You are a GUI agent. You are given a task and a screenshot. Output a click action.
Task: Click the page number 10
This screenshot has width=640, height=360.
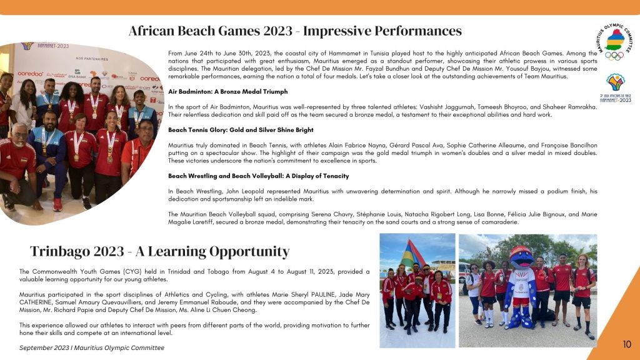pyautogui.click(x=627, y=344)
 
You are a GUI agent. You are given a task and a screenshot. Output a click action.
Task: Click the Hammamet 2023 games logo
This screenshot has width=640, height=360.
pyautogui.click(x=615, y=87)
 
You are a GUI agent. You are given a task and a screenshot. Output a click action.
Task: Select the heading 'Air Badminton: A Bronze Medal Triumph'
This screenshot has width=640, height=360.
pyautogui.click(x=227, y=92)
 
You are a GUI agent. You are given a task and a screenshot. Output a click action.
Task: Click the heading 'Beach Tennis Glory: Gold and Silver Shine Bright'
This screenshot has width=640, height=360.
pyautogui.click(x=241, y=130)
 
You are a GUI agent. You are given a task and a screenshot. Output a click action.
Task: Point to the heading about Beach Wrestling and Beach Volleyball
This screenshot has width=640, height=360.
pyautogui.click(x=258, y=176)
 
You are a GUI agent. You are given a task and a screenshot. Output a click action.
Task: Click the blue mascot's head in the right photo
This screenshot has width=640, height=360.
pyautogui.click(x=521, y=257)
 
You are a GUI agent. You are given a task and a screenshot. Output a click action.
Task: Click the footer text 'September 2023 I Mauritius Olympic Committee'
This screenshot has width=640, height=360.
pyautogui.click(x=92, y=348)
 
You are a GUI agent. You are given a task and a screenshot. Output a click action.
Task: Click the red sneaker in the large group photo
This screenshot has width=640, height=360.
pyautogui.click(x=57, y=204)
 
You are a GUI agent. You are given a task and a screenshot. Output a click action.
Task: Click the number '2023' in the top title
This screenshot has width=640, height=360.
pyautogui.click(x=277, y=31)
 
